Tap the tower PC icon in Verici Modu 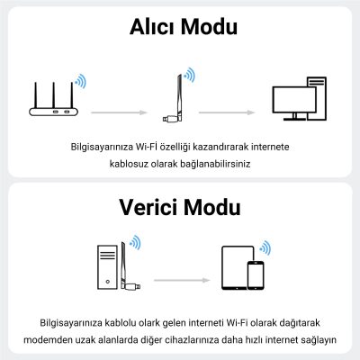110,267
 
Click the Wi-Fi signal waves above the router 81,82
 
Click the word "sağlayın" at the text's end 316,339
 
